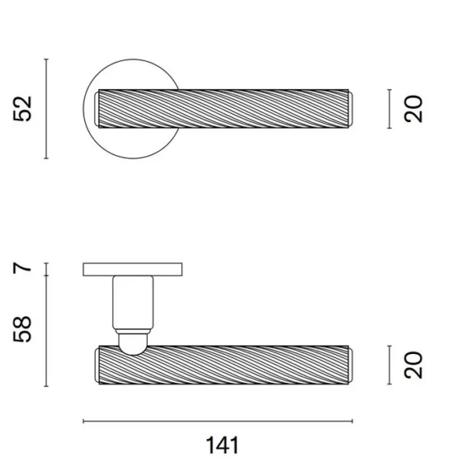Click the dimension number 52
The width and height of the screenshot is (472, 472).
click(x=23, y=109)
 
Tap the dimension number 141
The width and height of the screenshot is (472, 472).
click(x=223, y=445)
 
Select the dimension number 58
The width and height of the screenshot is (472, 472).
click(x=23, y=329)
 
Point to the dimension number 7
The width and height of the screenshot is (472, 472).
click(x=22, y=267)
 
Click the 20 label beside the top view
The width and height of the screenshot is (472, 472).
click(x=413, y=109)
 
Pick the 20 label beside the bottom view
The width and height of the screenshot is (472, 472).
click(x=413, y=365)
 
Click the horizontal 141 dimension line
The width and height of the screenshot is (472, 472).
click(x=218, y=421)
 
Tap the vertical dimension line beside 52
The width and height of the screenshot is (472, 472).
click(x=46, y=109)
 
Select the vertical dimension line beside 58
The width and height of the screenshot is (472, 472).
click(x=46, y=331)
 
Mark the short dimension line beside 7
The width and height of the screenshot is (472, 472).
click(x=46, y=269)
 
